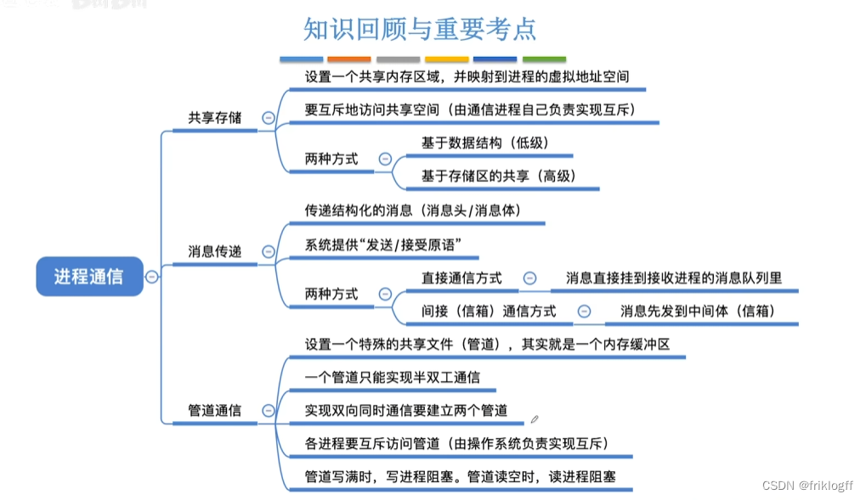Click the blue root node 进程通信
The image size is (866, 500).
click(x=88, y=276)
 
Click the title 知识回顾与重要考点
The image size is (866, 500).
click(x=420, y=29)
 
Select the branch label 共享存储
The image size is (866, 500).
click(x=214, y=117)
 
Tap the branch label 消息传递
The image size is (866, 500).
click(x=214, y=251)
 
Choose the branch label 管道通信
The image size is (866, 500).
click(x=214, y=410)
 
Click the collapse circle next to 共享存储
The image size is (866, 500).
click(x=269, y=118)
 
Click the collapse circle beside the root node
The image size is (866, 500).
click(x=151, y=276)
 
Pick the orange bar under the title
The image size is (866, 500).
click(x=349, y=59)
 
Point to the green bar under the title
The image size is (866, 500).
click(x=544, y=59)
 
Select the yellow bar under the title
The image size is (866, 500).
click(x=447, y=59)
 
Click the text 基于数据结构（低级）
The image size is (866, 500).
click(x=485, y=143)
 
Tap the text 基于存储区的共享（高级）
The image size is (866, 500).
click(x=498, y=176)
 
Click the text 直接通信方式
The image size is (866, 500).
click(x=461, y=278)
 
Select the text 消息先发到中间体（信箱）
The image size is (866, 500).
click(x=698, y=311)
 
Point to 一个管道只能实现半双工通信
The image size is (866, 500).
click(x=393, y=377)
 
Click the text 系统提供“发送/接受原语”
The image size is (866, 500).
click(x=382, y=244)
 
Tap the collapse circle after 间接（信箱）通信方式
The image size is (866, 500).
click(x=584, y=312)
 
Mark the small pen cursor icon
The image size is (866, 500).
click(x=535, y=419)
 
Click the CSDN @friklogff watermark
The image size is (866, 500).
click(x=807, y=486)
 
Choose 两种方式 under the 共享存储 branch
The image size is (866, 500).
click(x=331, y=159)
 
